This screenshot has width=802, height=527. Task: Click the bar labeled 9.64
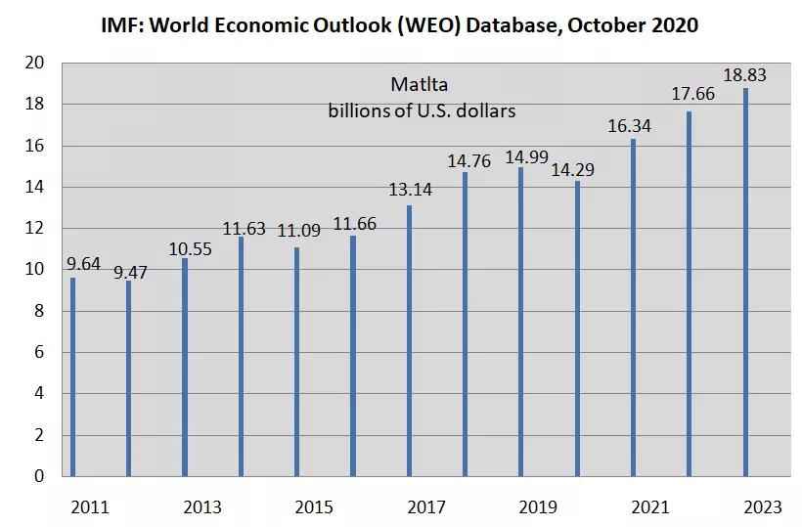click(x=72, y=376)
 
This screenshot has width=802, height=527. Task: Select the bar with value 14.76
click(x=465, y=324)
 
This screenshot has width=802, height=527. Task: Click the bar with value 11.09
click(x=296, y=362)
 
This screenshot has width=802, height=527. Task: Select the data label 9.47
click(x=129, y=272)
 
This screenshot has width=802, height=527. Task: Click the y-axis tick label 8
click(x=40, y=311)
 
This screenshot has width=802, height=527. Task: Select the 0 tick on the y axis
click(x=40, y=476)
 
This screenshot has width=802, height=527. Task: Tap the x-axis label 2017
click(x=425, y=506)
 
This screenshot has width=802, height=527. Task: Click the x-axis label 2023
click(x=762, y=506)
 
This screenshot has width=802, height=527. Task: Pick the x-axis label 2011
click(x=90, y=506)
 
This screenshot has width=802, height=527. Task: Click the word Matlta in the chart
click(x=420, y=84)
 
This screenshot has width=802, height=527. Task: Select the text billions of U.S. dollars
click(x=422, y=110)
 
